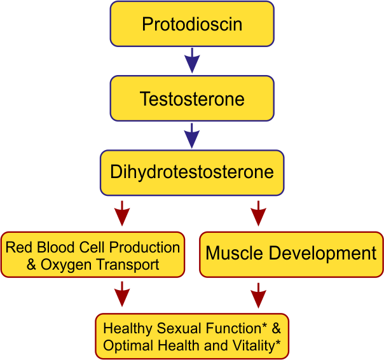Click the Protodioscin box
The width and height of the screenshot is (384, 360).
[x=192, y=24]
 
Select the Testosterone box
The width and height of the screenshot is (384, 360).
[x=192, y=99]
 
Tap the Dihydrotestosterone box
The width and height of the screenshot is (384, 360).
[x=192, y=173]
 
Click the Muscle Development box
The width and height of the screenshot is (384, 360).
[x=291, y=254]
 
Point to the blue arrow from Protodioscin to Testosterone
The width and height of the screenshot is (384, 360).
[x=192, y=60]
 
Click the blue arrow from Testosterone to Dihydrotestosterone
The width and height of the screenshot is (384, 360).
[x=192, y=135]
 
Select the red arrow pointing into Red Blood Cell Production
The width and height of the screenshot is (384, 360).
[x=122, y=213]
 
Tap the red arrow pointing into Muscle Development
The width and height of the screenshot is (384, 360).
[x=258, y=213]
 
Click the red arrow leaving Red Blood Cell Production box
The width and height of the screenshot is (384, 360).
[x=122, y=294]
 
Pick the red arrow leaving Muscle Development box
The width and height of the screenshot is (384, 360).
[x=258, y=295]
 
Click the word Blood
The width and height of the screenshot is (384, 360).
[x=55, y=247]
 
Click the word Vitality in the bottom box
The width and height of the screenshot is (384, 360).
[x=256, y=346]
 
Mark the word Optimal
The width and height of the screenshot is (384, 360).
[x=128, y=346]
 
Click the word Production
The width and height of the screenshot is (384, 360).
[x=144, y=247]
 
